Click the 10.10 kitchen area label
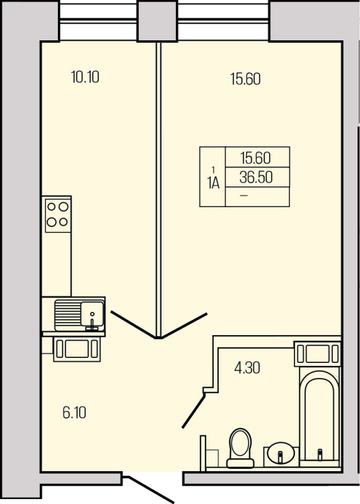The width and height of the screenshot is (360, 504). click(x=85, y=77)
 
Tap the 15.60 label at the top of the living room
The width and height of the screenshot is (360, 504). click(x=245, y=79)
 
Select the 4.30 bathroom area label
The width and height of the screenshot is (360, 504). click(x=247, y=368)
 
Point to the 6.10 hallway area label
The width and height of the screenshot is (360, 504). click(x=74, y=413)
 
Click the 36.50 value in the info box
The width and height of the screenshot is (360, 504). click(x=256, y=177)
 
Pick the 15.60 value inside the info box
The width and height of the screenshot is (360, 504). click(x=256, y=158)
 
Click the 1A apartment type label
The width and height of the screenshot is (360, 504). click(x=214, y=183)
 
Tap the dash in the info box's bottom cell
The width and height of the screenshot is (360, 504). click(x=244, y=195)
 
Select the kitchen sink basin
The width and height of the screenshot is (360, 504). click(x=92, y=314)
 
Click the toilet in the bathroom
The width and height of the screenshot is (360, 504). click(x=240, y=448)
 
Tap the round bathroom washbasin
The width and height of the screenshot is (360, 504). click(x=281, y=453)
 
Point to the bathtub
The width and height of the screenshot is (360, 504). click(x=320, y=416)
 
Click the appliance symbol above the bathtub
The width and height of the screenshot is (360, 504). click(x=317, y=354)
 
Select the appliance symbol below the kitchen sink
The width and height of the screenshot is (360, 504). click(x=77, y=349)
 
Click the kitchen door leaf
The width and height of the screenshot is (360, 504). click(x=134, y=324)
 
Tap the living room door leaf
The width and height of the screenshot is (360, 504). click(x=183, y=326)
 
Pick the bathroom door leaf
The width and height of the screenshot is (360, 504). click(x=193, y=411)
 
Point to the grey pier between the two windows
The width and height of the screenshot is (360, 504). click(x=158, y=21)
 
